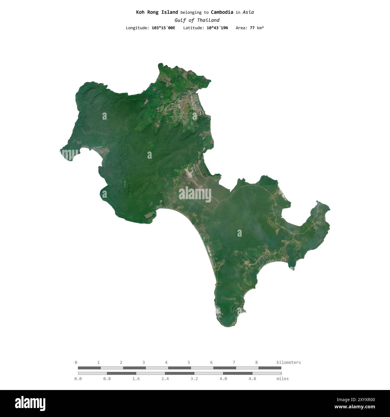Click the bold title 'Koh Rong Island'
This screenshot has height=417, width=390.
pos(157,12)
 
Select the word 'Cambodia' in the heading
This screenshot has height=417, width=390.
pos(222,12)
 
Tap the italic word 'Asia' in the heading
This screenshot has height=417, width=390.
pos(248,12)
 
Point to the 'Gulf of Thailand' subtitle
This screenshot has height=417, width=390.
pos(197,20)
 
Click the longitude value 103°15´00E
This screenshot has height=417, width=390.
pos(163,28)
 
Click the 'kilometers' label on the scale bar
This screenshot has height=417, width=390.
pos(288,362)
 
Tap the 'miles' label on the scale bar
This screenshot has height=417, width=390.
pos(283,379)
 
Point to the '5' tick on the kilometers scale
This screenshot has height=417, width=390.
pos(189,362)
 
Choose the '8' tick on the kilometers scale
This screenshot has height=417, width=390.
pos(256,362)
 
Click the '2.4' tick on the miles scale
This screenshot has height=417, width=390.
pos(165,379)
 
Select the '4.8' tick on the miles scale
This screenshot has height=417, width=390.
pos(252,379)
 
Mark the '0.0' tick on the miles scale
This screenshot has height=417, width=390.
pos(78,379)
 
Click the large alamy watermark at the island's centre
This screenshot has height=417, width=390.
pos(195,194)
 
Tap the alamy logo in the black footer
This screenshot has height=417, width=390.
pos(30,403)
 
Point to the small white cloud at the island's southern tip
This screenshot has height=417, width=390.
pos(218,311)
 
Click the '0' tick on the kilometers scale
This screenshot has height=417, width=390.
pos(76,362)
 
